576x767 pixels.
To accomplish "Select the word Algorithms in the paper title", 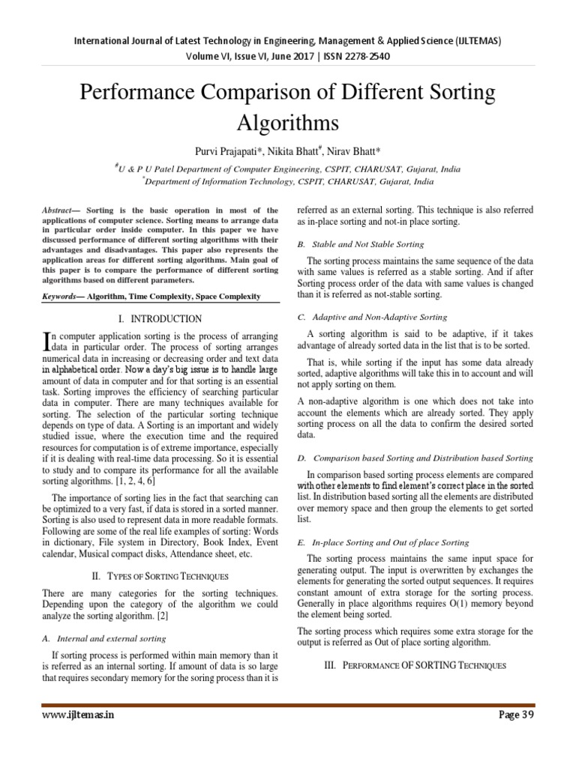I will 288,122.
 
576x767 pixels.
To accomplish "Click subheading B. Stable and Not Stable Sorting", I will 361,244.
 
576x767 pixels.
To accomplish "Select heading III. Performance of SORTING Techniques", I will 415,665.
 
